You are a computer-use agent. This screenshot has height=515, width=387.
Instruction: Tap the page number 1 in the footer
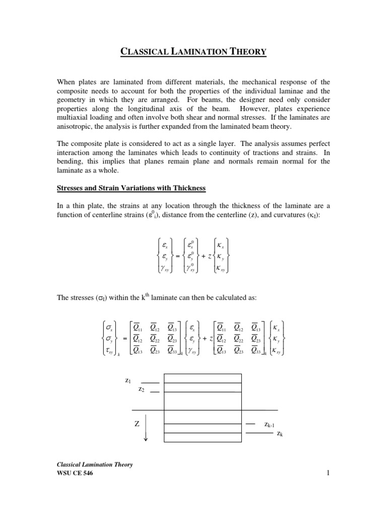click(x=327, y=473)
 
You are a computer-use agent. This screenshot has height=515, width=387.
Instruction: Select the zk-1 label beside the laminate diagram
click(x=270, y=425)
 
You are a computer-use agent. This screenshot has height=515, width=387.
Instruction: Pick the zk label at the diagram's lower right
click(x=280, y=433)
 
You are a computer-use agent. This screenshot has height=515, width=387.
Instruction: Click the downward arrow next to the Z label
click(x=146, y=431)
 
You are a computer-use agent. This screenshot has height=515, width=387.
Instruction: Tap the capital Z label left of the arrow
click(x=137, y=424)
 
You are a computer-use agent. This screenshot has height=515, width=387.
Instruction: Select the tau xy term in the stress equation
click(x=109, y=349)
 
